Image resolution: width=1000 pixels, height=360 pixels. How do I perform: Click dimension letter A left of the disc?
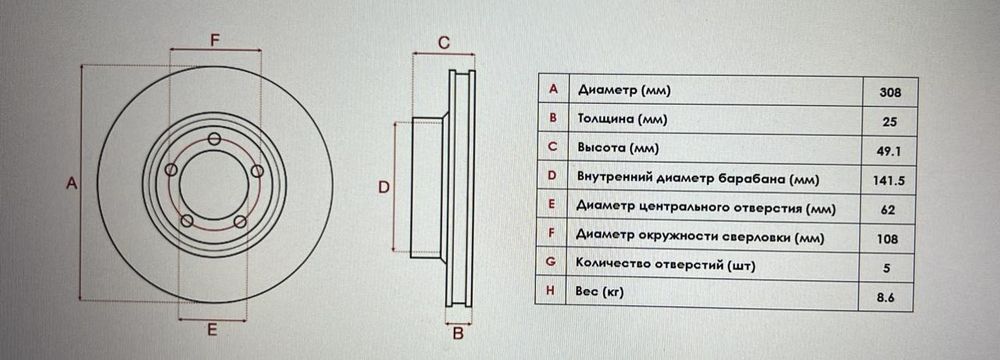pyautogui.click(x=71, y=183)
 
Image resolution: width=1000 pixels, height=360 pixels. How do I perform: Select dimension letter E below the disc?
pyautogui.click(x=213, y=328)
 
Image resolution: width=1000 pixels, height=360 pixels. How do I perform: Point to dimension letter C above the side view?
pyautogui.click(x=444, y=42)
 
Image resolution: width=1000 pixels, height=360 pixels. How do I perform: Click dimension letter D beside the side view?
pyautogui.click(x=384, y=186)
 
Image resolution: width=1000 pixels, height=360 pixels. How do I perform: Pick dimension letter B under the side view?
pyautogui.click(x=457, y=333)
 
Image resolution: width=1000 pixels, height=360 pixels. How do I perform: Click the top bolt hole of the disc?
pyautogui.click(x=215, y=139)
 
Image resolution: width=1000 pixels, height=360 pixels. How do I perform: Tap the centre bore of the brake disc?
pyautogui.click(x=213, y=183)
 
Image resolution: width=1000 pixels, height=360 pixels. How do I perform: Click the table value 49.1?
pyautogui.click(x=890, y=151)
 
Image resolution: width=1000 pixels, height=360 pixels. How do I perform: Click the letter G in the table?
pyautogui.click(x=552, y=264)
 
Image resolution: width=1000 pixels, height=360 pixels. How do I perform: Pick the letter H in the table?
pyautogui.click(x=552, y=293)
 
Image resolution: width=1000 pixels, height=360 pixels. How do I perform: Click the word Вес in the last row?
pyautogui.click(x=588, y=293)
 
